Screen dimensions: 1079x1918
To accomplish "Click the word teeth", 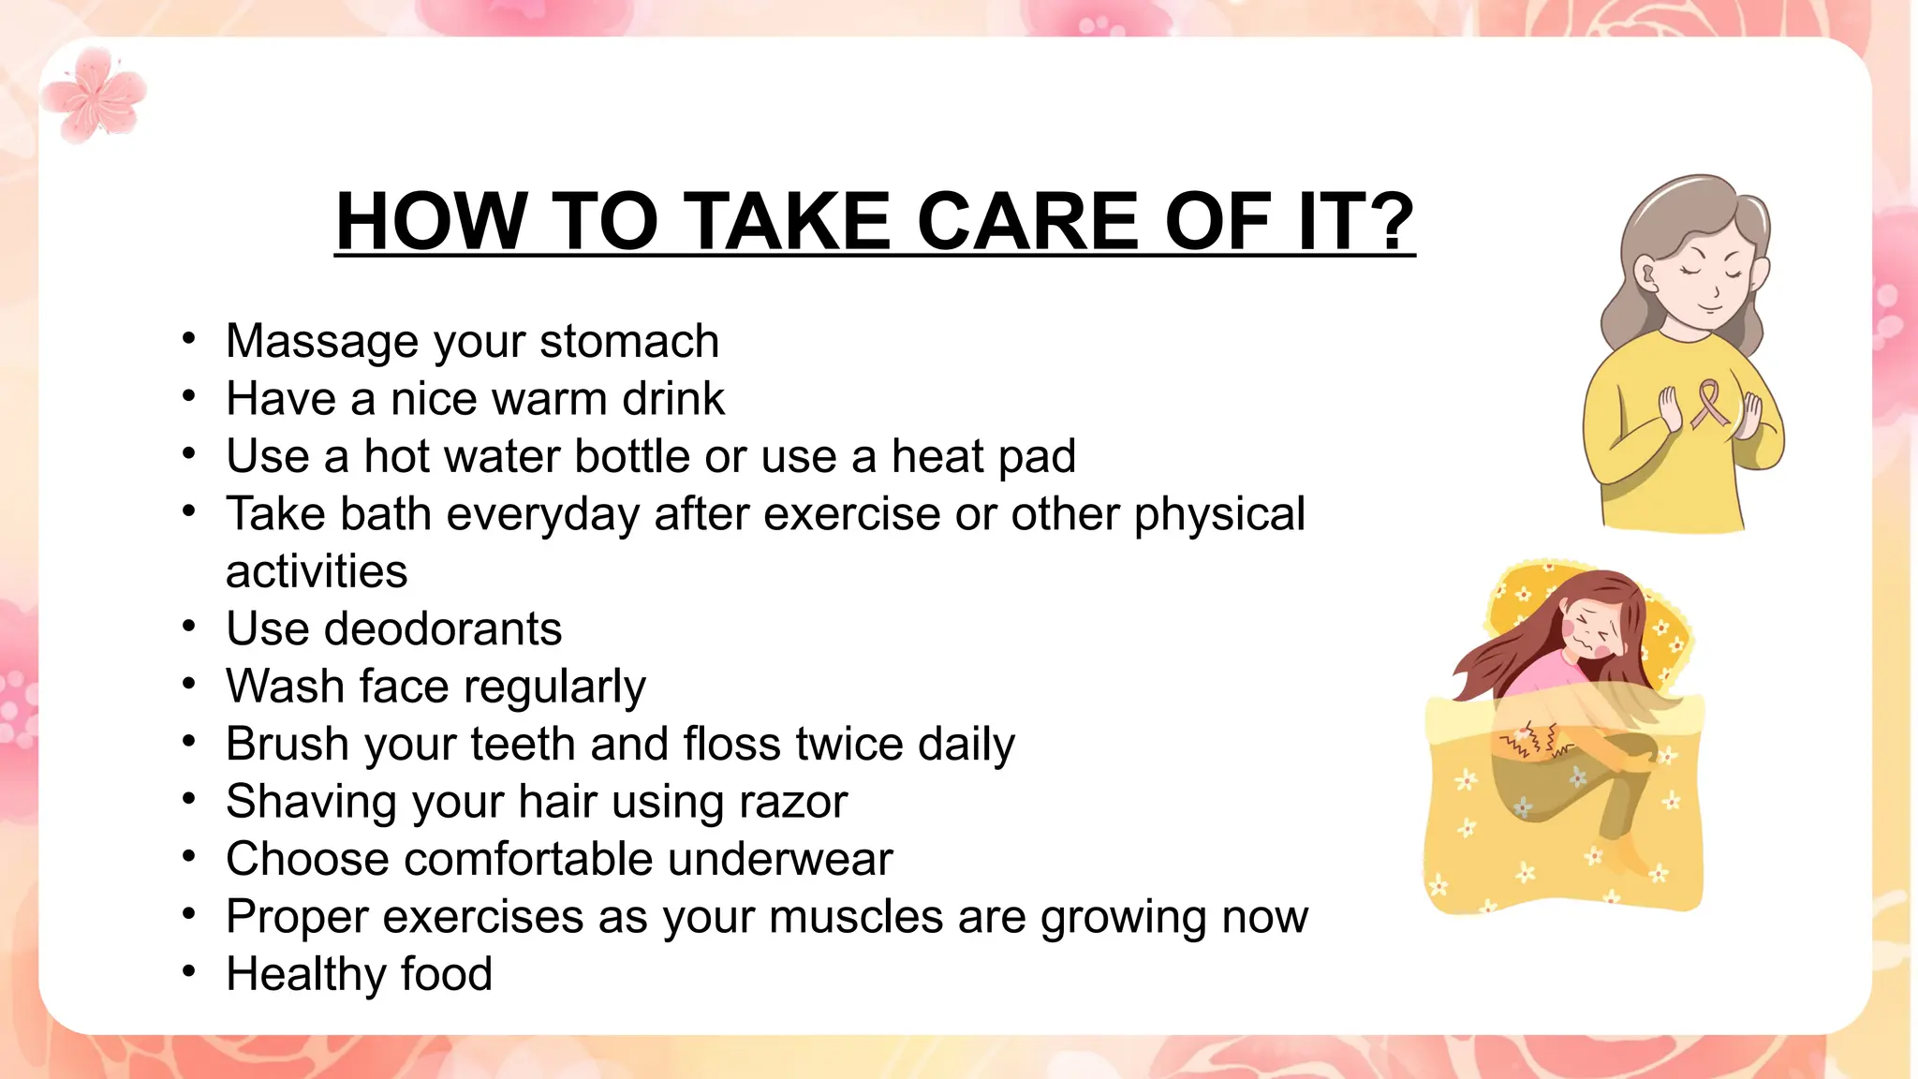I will click(x=523, y=744).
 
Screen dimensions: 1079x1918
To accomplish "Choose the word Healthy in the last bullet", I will click(x=301, y=974).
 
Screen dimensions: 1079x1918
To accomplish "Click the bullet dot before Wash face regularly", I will click(x=189, y=685).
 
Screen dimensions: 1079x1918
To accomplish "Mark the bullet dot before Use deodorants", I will click(x=189, y=627).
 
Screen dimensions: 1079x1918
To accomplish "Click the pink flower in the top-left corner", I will click(x=96, y=96).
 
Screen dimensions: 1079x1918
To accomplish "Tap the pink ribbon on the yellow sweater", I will click(x=1710, y=403).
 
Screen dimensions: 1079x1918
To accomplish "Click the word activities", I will click(x=317, y=571).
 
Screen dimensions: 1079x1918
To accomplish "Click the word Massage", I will click(x=323, y=341).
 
